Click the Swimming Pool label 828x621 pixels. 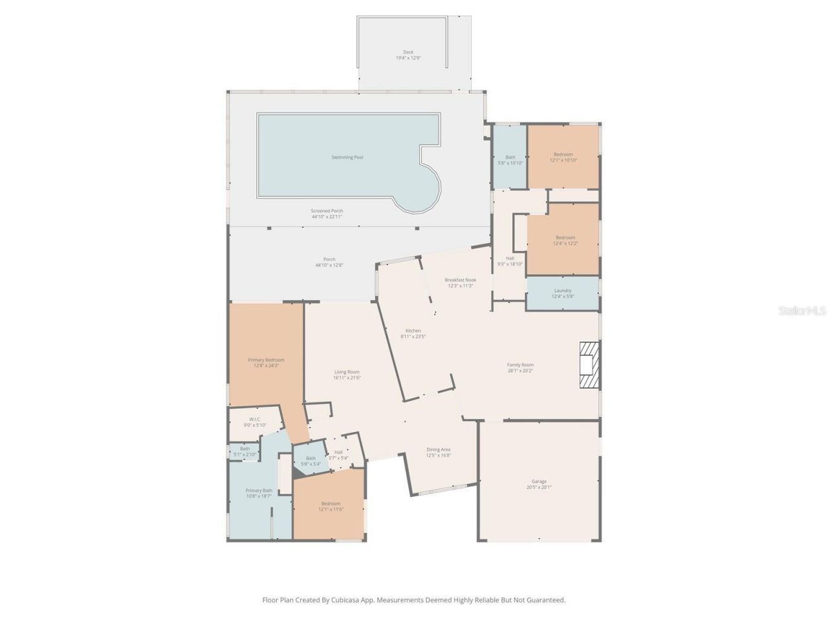[x=347, y=157]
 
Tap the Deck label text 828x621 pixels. [x=408, y=52]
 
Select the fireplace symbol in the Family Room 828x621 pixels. [x=589, y=365]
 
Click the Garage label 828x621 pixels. [x=539, y=481]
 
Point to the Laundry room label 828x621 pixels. [x=563, y=290]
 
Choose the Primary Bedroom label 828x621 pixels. [x=266, y=360]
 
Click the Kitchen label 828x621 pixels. [x=413, y=331]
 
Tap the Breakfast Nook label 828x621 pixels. [x=460, y=280]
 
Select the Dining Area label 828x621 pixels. [x=439, y=450]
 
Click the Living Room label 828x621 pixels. [x=347, y=372]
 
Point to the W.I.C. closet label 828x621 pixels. [x=255, y=419]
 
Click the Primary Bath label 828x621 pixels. [x=259, y=491]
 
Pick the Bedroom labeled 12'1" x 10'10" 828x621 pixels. [x=563, y=155]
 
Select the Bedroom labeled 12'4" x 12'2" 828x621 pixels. [x=565, y=237]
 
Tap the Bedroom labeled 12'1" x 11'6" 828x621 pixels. [x=331, y=503]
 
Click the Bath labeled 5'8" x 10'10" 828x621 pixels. [x=510, y=157]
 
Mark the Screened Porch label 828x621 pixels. [x=327, y=211]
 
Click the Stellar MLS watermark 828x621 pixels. [x=802, y=311]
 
